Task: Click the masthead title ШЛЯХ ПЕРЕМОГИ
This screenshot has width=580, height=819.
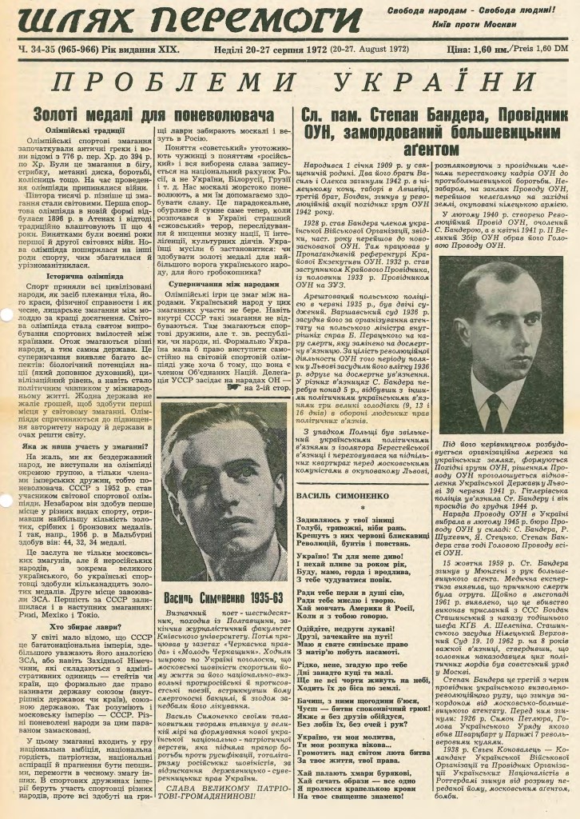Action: tap(185, 22)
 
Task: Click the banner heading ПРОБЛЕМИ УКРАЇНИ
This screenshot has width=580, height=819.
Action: tap(289, 83)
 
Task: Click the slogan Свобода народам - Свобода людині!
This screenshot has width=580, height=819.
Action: tap(471, 10)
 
